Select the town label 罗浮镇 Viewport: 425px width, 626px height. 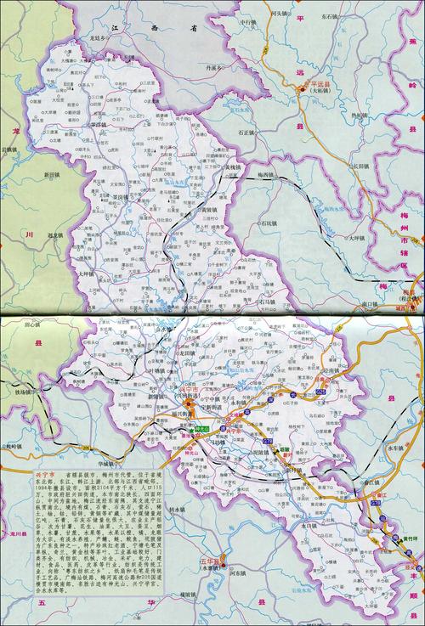103,125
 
